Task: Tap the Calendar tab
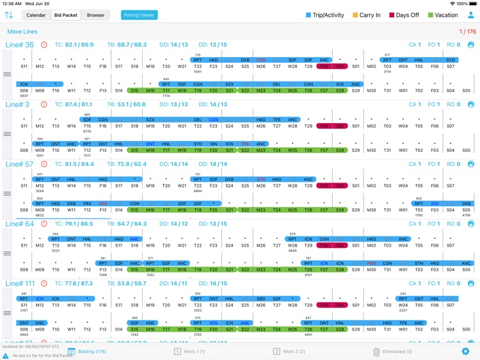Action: pyautogui.click(x=36, y=15)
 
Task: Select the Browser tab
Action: pyautogui.click(x=95, y=15)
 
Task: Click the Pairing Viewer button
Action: pyautogui.click(x=139, y=15)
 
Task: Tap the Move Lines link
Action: pyautogui.click(x=22, y=31)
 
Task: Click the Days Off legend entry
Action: pyautogui.click(x=404, y=15)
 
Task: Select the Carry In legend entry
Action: pyautogui.click(x=366, y=15)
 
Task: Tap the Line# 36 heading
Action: pyautogui.click(x=20, y=45)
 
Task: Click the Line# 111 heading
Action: pyautogui.click(x=21, y=283)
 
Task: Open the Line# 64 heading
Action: pyautogui.click(x=20, y=224)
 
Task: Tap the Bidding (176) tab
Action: pyautogui.click(x=87, y=351)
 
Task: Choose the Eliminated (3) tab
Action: pyautogui.click(x=392, y=351)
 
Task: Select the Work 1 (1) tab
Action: pyautogui.click(x=190, y=351)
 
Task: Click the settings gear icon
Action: pyautogui.click(x=465, y=351)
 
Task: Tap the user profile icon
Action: pyautogui.click(x=471, y=15)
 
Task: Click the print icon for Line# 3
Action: pyautogui.click(x=471, y=104)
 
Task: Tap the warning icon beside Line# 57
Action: pyautogui.click(x=44, y=164)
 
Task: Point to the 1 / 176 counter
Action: pyautogui.click(x=468, y=31)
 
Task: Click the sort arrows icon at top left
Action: pyautogui.click(x=9, y=15)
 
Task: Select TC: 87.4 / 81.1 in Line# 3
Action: pyautogui.click(x=74, y=104)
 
